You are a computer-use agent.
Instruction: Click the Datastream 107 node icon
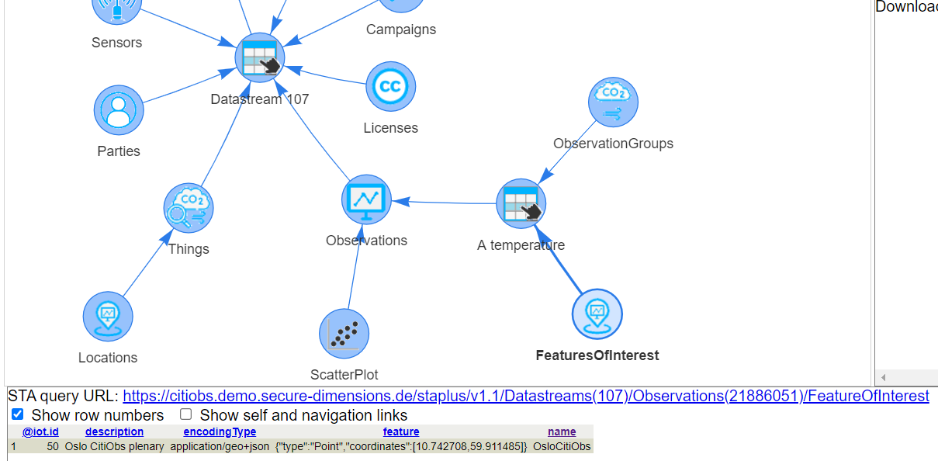point(260,57)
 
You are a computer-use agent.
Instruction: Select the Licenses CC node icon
point(390,87)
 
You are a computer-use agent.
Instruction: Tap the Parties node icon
point(119,110)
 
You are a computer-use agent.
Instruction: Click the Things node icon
point(188,209)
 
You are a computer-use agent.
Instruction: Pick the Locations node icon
point(108,317)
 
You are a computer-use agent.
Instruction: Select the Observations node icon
point(366,200)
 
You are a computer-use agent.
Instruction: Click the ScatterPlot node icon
point(344,334)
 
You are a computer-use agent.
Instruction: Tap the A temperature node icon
point(521,204)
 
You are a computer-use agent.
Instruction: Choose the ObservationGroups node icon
point(613,102)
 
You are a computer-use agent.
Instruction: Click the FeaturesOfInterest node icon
point(597,314)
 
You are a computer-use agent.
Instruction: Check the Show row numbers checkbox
point(18,414)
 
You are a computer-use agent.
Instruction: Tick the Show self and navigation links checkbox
point(186,414)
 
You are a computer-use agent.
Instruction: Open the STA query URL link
point(525,396)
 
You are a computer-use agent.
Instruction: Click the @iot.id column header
point(40,432)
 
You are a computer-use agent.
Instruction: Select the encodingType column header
point(220,432)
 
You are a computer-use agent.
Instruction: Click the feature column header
point(401,432)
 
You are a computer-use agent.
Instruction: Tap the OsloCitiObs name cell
point(562,446)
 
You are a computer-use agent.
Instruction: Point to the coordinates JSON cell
point(401,446)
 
